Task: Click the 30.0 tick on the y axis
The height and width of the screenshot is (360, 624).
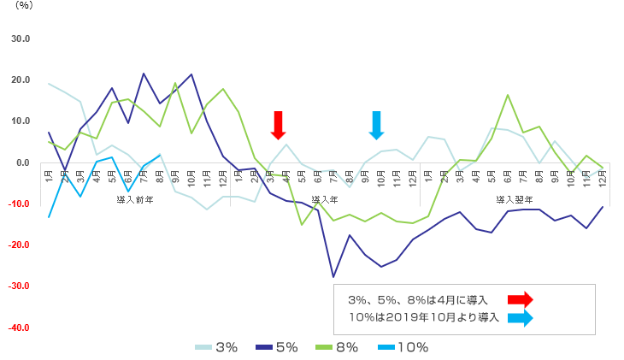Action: (19, 38)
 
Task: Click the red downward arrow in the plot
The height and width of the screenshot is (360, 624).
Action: (277, 125)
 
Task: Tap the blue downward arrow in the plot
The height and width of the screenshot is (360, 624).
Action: (376, 125)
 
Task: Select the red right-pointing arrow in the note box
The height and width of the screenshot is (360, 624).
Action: (520, 299)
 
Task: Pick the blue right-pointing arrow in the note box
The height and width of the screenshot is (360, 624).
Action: (520, 318)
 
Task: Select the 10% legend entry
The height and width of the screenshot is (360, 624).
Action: (403, 347)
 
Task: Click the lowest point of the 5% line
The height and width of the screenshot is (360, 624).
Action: (333, 276)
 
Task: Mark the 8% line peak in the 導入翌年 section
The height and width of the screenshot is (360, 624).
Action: (508, 95)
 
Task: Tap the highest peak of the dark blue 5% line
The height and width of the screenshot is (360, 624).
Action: (144, 74)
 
